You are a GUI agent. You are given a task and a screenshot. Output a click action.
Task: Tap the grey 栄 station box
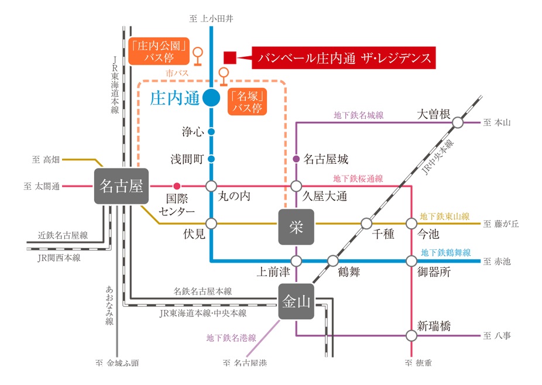pyautogui.click(x=296, y=226)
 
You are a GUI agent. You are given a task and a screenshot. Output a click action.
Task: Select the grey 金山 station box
pyautogui.click(x=296, y=302)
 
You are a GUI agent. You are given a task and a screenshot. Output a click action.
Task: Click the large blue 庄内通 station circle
pyautogui.click(x=211, y=98)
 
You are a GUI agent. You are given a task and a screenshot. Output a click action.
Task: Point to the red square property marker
pyautogui.click(x=230, y=57)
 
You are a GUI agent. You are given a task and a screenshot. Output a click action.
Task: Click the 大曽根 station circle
pyautogui.click(x=458, y=123)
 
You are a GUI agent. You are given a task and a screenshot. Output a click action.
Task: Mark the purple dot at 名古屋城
pyautogui.click(x=296, y=159)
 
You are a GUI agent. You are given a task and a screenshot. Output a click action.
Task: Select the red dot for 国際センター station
pyautogui.click(x=177, y=186)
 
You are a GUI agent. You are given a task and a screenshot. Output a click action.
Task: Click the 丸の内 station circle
pyautogui.click(x=211, y=186)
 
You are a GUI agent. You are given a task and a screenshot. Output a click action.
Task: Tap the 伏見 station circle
pyautogui.click(x=211, y=224)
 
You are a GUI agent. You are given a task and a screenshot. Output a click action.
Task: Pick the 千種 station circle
pyautogui.click(x=366, y=224)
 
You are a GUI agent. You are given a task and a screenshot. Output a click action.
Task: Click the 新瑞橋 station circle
pyautogui.click(x=411, y=335)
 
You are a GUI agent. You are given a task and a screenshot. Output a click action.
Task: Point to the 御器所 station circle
pyautogui.click(x=411, y=260)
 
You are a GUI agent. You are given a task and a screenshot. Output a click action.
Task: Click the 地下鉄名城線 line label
pyautogui.click(x=358, y=116)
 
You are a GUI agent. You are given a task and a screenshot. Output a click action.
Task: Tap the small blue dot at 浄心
pyautogui.click(x=211, y=132)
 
